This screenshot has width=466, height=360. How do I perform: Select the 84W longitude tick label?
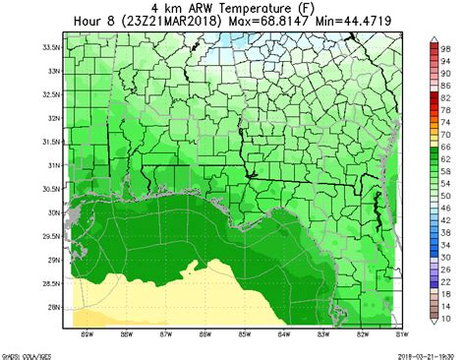click(x=283, y=335)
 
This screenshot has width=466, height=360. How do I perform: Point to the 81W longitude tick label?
click(x=400, y=335)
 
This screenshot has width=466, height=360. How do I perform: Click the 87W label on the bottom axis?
click(x=165, y=335)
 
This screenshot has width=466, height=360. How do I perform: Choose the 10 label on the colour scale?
click(x=445, y=319)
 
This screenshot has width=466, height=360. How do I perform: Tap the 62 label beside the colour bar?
click(x=445, y=158)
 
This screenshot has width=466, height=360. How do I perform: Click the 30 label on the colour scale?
click(x=445, y=257)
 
